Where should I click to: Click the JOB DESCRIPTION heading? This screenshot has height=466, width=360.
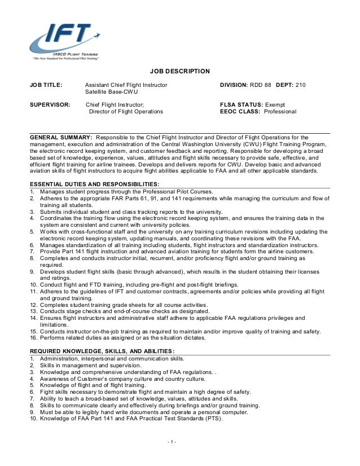click(179, 71)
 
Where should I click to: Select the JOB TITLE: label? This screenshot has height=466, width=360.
click(46, 85)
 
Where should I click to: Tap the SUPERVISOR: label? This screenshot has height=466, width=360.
click(50, 105)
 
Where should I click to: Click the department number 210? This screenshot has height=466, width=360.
click(300, 85)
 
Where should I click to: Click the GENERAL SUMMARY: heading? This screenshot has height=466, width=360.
click(61, 137)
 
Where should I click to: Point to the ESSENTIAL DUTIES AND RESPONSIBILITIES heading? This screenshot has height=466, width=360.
click(94, 184)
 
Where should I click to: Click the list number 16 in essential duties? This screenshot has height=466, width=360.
click(33, 338)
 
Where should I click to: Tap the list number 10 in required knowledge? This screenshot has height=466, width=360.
click(33, 419)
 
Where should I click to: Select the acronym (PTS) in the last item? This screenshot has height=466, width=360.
click(213, 419)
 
